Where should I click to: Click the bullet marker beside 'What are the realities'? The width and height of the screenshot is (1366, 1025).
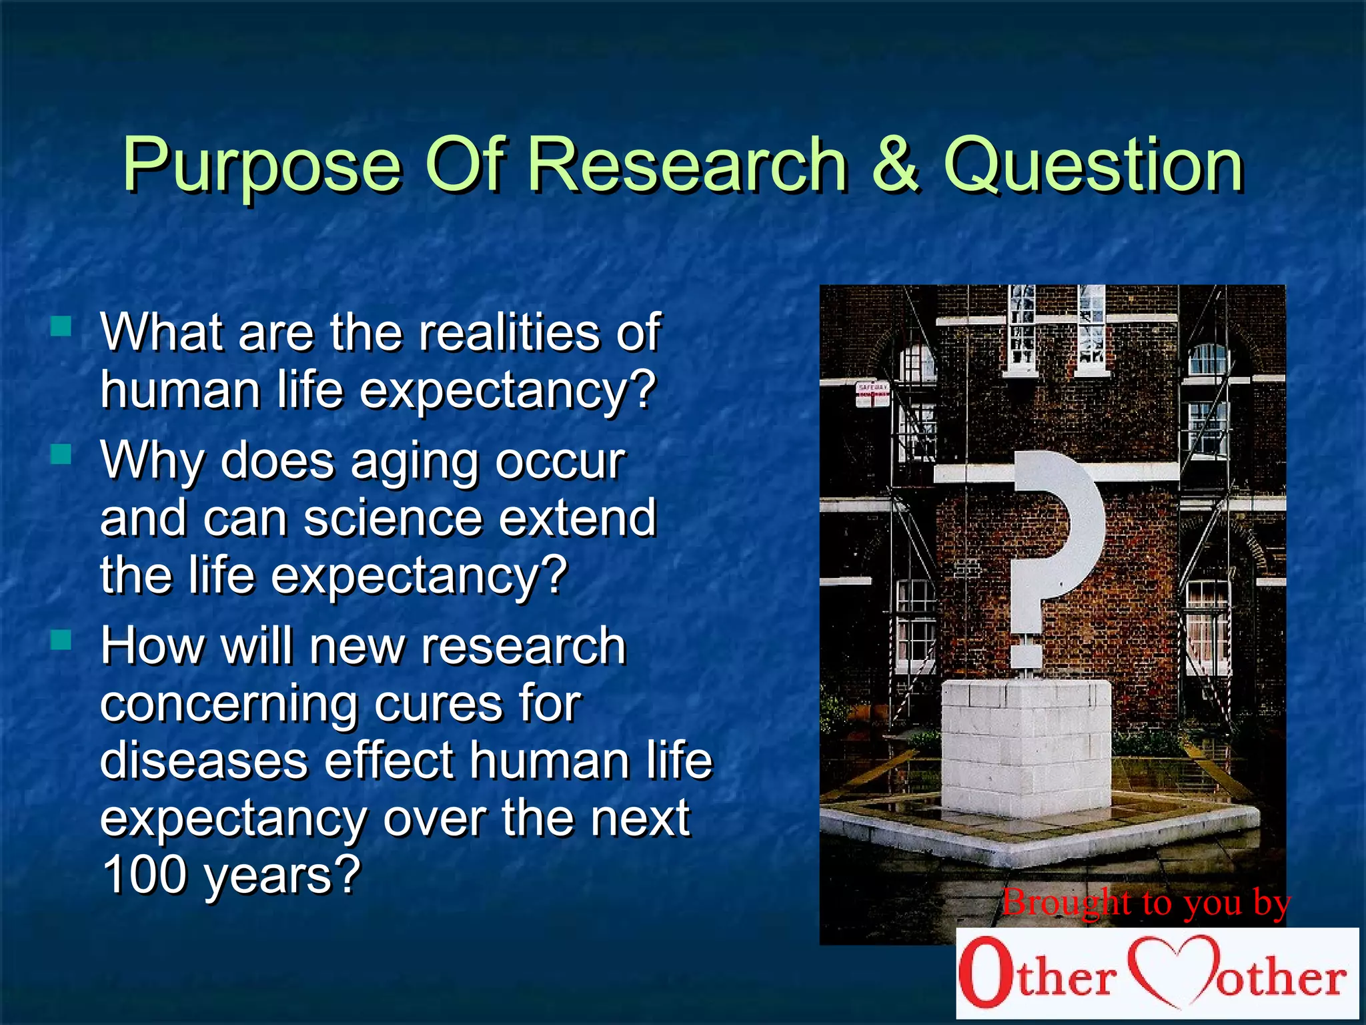(x=61, y=326)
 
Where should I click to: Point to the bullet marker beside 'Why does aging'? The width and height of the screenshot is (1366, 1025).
(x=61, y=454)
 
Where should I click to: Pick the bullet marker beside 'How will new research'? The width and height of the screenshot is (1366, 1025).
(x=61, y=640)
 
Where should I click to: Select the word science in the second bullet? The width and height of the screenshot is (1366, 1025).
(x=393, y=519)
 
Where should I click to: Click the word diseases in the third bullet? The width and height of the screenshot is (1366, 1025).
(x=203, y=761)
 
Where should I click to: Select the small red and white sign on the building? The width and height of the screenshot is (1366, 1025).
(x=872, y=394)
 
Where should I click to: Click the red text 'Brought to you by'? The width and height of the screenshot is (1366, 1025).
(x=1145, y=903)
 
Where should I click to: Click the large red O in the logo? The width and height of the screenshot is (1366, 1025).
(x=986, y=972)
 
